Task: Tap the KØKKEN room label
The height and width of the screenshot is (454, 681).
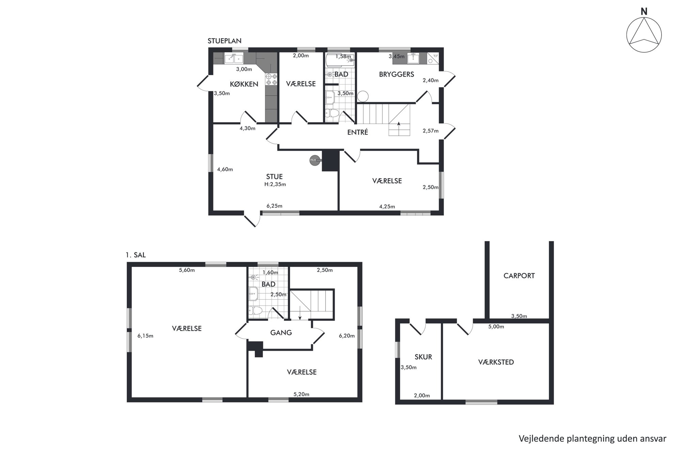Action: (x=244, y=84)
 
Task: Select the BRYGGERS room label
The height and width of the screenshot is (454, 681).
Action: (x=396, y=74)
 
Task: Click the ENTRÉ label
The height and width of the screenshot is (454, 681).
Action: (x=358, y=132)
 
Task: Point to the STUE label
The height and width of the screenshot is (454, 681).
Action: (x=274, y=176)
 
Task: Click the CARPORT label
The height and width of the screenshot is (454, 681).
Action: (x=519, y=276)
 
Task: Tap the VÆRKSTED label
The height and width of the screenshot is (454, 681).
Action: (x=496, y=362)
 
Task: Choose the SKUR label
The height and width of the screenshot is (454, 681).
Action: (x=423, y=357)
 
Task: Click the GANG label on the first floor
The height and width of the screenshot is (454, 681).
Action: (x=281, y=332)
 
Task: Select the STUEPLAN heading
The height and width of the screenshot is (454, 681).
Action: (x=224, y=41)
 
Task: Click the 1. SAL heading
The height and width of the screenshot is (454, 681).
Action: (x=136, y=255)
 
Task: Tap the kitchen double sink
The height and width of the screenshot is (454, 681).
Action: (x=234, y=59)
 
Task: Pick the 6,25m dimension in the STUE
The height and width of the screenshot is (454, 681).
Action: (x=274, y=206)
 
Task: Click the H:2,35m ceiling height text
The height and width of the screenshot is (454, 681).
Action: (x=275, y=184)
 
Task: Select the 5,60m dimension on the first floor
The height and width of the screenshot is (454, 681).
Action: (x=187, y=270)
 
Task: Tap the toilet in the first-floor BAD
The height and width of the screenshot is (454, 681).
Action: (x=255, y=310)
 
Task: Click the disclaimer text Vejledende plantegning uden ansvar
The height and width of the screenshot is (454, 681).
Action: (x=592, y=439)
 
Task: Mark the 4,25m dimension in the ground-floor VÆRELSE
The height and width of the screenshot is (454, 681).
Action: (x=387, y=206)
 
